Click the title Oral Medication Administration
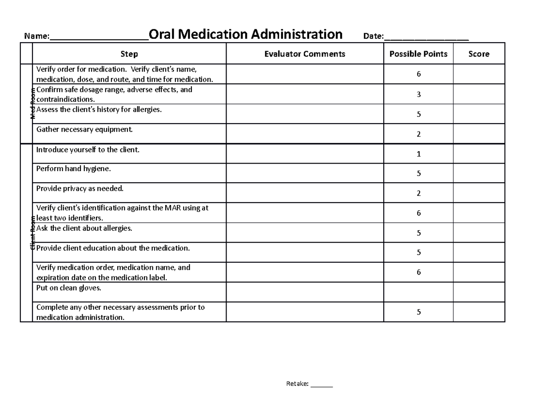click(x=246, y=34)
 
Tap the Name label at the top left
click(x=36, y=36)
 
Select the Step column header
click(x=129, y=54)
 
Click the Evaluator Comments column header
click(x=305, y=54)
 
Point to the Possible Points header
click(x=418, y=54)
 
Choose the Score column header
click(x=479, y=54)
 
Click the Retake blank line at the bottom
click(x=322, y=384)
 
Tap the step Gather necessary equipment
click(x=84, y=130)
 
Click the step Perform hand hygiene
click(x=74, y=169)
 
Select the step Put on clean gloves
click(x=69, y=288)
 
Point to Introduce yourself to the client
click(x=88, y=150)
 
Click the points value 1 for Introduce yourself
click(x=418, y=154)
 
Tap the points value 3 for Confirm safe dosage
click(x=418, y=95)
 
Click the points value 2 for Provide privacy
click(x=418, y=193)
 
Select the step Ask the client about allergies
click(x=84, y=228)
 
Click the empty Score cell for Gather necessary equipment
click(x=479, y=134)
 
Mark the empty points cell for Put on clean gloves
click(x=418, y=292)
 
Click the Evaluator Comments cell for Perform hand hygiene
click(x=305, y=173)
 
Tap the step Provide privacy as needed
click(x=80, y=189)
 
